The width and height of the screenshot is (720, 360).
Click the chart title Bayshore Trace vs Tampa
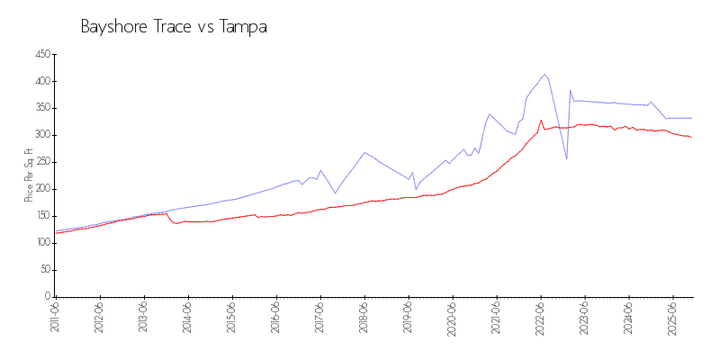[x=174, y=27]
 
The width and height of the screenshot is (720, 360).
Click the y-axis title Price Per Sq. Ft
[x=30, y=175]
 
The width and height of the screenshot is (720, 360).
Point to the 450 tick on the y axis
[x=42, y=55]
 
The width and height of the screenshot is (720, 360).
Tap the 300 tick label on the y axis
[x=42, y=135]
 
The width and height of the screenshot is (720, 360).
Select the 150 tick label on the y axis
[x=42, y=216]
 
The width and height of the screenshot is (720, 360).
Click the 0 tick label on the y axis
[x=47, y=296]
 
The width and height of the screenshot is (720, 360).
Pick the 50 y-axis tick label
[x=44, y=270]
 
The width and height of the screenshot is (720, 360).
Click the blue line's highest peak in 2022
[x=544, y=74]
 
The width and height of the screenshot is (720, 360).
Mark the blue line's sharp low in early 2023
[x=566, y=158]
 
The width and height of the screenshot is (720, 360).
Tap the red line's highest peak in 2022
[x=541, y=120]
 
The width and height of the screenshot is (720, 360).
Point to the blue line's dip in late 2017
[x=336, y=193]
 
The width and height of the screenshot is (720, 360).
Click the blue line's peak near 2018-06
[x=364, y=152]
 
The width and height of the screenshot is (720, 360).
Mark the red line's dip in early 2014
[x=176, y=222]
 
